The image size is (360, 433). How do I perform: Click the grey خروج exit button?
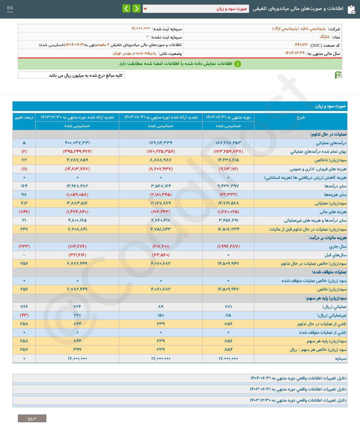click(x=32, y=418)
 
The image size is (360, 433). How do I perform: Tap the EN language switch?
click(x=10, y=8)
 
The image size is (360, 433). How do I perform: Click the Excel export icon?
click(x=338, y=75)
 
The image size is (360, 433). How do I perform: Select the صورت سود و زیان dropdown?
click(x=196, y=9)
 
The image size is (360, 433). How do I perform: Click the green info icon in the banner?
click(x=238, y=64)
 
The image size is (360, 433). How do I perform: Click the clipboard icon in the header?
click(x=351, y=9)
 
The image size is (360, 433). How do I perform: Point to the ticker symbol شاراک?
click(x=324, y=37)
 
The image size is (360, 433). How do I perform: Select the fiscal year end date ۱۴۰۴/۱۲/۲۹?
click(x=294, y=53)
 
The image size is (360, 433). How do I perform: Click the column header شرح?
click(x=300, y=117)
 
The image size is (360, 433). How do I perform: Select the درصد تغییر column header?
click(x=24, y=117)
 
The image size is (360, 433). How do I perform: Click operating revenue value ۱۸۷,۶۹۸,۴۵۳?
click(x=228, y=143)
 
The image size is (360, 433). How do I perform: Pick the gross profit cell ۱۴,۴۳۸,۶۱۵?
click(x=228, y=160)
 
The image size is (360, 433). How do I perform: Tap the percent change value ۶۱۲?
click(x=24, y=203)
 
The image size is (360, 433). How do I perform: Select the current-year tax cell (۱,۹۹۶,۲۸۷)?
click(x=228, y=247)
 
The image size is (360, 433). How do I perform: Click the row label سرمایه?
click(x=339, y=358)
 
